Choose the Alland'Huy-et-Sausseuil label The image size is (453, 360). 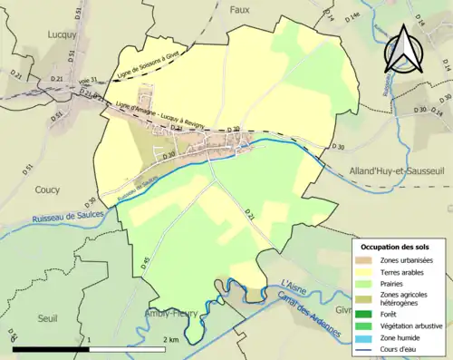[x=392, y=170]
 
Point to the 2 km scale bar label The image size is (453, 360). [x=169, y=339]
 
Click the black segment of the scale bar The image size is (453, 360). [x=51, y=349]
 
